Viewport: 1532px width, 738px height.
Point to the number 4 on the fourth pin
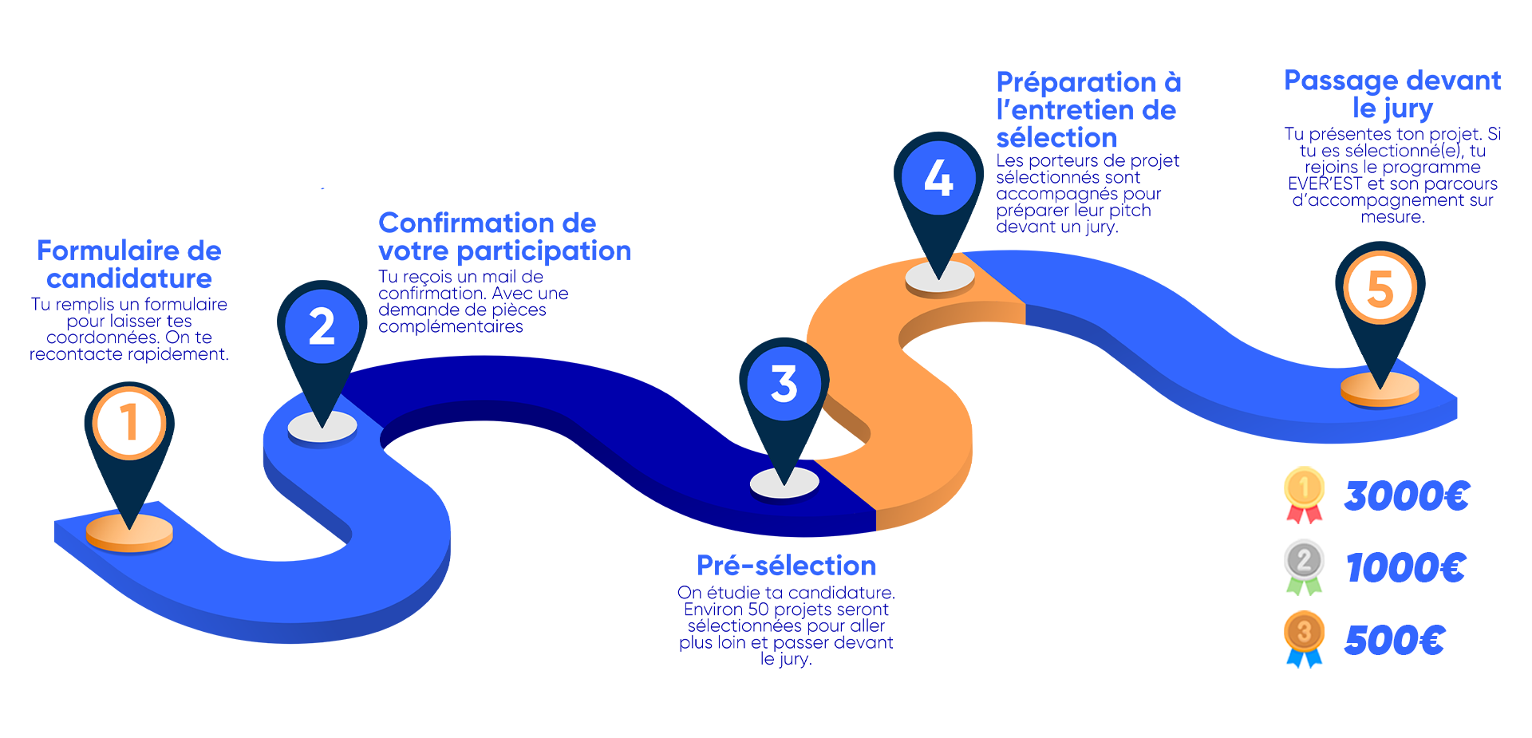pos(938,177)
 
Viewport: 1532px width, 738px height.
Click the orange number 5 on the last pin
pos(1380,288)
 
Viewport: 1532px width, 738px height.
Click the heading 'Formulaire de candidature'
pos(129,264)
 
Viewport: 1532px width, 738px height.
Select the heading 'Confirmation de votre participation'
pos(504,237)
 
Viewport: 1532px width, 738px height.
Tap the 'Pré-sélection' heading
pos(786,565)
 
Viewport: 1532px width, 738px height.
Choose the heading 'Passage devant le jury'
pos(1392,94)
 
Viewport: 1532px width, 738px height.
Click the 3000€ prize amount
pos(1407,495)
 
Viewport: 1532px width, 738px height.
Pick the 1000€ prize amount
pos(1406,568)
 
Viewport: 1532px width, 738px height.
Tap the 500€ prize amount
pos(1395,640)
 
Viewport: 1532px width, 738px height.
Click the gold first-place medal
pos(1304,494)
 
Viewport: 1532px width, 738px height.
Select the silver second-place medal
pos(1304,566)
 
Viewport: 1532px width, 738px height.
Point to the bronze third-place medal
pos(1304,638)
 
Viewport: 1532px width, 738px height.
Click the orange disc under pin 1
pos(129,532)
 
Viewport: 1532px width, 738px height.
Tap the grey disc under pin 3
pos(784,483)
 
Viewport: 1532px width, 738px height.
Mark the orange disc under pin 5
pos(1380,389)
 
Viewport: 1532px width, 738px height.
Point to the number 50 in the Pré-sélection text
pos(758,610)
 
